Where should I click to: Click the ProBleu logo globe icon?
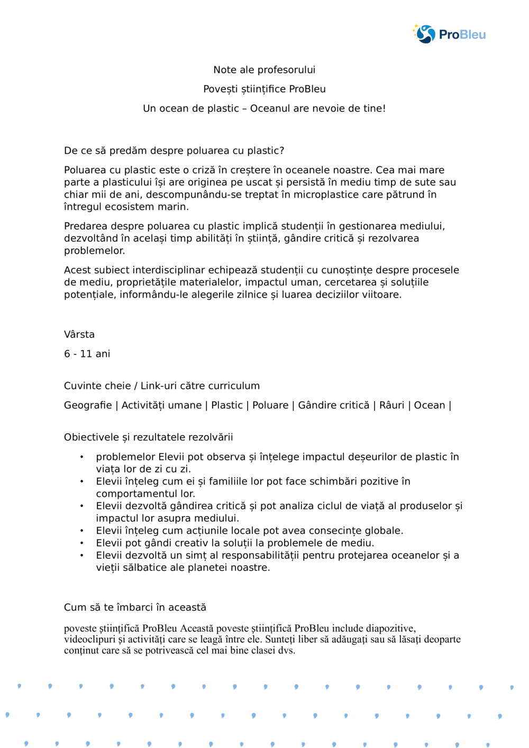[425, 34]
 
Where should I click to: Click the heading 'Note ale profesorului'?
[264, 70]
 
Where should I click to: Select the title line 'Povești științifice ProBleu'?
[264, 89]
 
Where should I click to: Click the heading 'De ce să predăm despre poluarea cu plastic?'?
[174, 151]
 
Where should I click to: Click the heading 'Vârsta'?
[79, 335]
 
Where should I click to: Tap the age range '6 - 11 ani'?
[87, 354]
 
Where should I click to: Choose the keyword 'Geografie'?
[88, 405]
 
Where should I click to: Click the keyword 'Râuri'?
[391, 405]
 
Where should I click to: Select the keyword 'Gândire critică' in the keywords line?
[334, 405]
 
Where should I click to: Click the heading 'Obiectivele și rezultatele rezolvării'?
[148, 437]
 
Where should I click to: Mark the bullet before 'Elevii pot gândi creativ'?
[81, 543]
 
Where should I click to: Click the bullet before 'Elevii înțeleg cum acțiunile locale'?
[81, 531]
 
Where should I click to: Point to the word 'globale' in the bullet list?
[383, 531]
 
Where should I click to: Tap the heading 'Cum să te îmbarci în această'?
[135, 607]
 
